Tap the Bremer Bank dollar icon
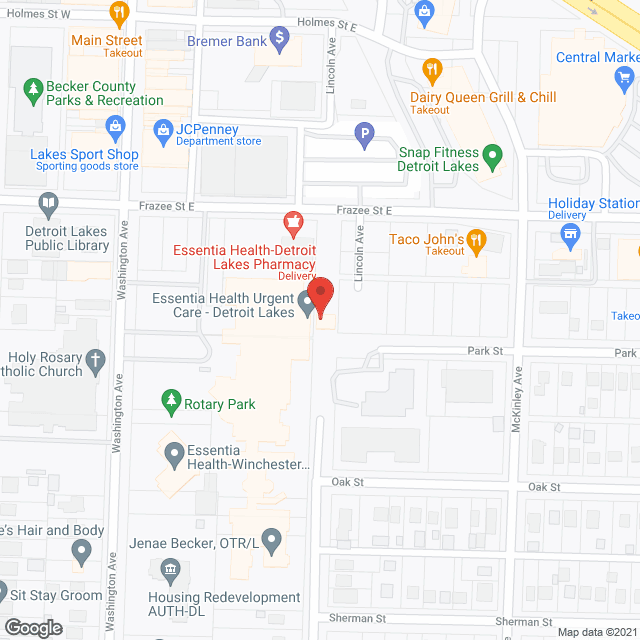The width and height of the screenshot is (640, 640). tap(280, 41)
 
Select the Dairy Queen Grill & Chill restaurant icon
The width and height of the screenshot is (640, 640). tap(432, 69)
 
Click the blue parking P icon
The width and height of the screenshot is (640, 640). tap(366, 131)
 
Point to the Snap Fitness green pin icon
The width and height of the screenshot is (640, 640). tap(491, 155)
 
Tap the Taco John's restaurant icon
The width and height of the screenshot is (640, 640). tap(477, 239)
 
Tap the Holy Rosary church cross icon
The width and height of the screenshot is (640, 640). tap(95, 358)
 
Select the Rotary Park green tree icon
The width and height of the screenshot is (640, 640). tap(171, 404)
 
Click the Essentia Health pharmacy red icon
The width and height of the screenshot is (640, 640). tap(293, 221)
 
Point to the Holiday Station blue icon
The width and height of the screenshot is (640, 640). tap(571, 236)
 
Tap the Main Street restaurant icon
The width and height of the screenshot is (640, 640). tap(119, 14)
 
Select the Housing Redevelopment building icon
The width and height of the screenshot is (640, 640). tap(170, 570)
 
